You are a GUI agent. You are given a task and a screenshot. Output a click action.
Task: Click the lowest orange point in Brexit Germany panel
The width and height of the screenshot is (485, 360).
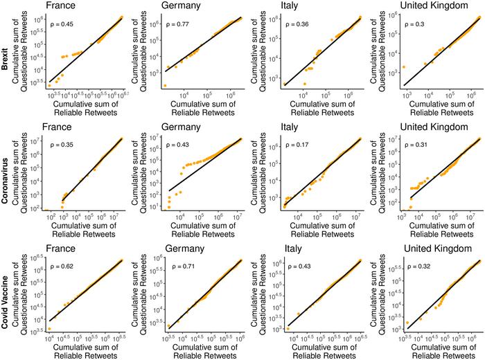165,86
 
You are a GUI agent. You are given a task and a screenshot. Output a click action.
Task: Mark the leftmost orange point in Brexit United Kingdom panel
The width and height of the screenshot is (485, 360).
404,67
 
